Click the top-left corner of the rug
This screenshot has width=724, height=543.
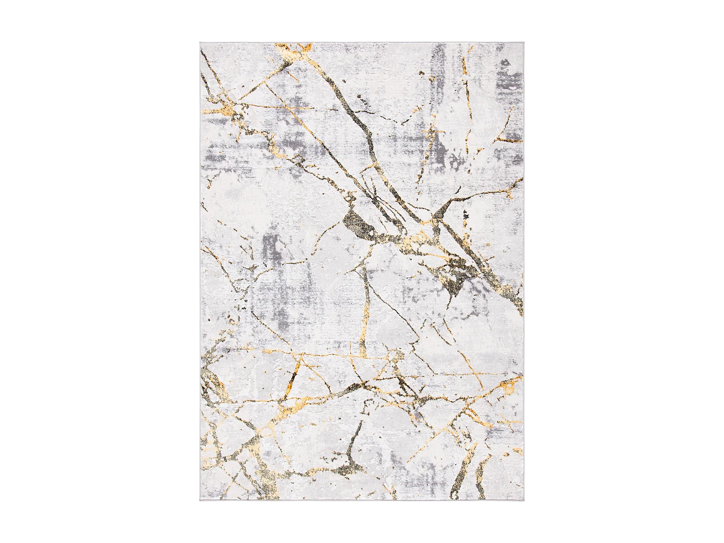(200, 43)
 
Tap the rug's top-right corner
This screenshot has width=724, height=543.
(524, 43)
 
